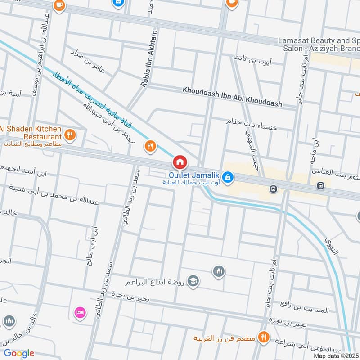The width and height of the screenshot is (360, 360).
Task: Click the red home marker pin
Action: (179, 162)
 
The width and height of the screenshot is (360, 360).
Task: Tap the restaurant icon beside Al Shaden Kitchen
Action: (70, 134)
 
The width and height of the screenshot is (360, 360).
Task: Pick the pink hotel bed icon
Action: (79, 311)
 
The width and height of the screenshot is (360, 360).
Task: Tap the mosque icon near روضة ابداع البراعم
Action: (219, 271)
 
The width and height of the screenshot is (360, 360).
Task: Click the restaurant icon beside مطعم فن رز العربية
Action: (264, 337)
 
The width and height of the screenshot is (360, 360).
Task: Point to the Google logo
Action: (18, 353)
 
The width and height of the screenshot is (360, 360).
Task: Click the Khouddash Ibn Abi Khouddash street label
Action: (232, 97)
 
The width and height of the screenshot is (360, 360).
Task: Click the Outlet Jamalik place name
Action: (194, 175)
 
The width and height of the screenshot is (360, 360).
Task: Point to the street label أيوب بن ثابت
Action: (252, 58)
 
